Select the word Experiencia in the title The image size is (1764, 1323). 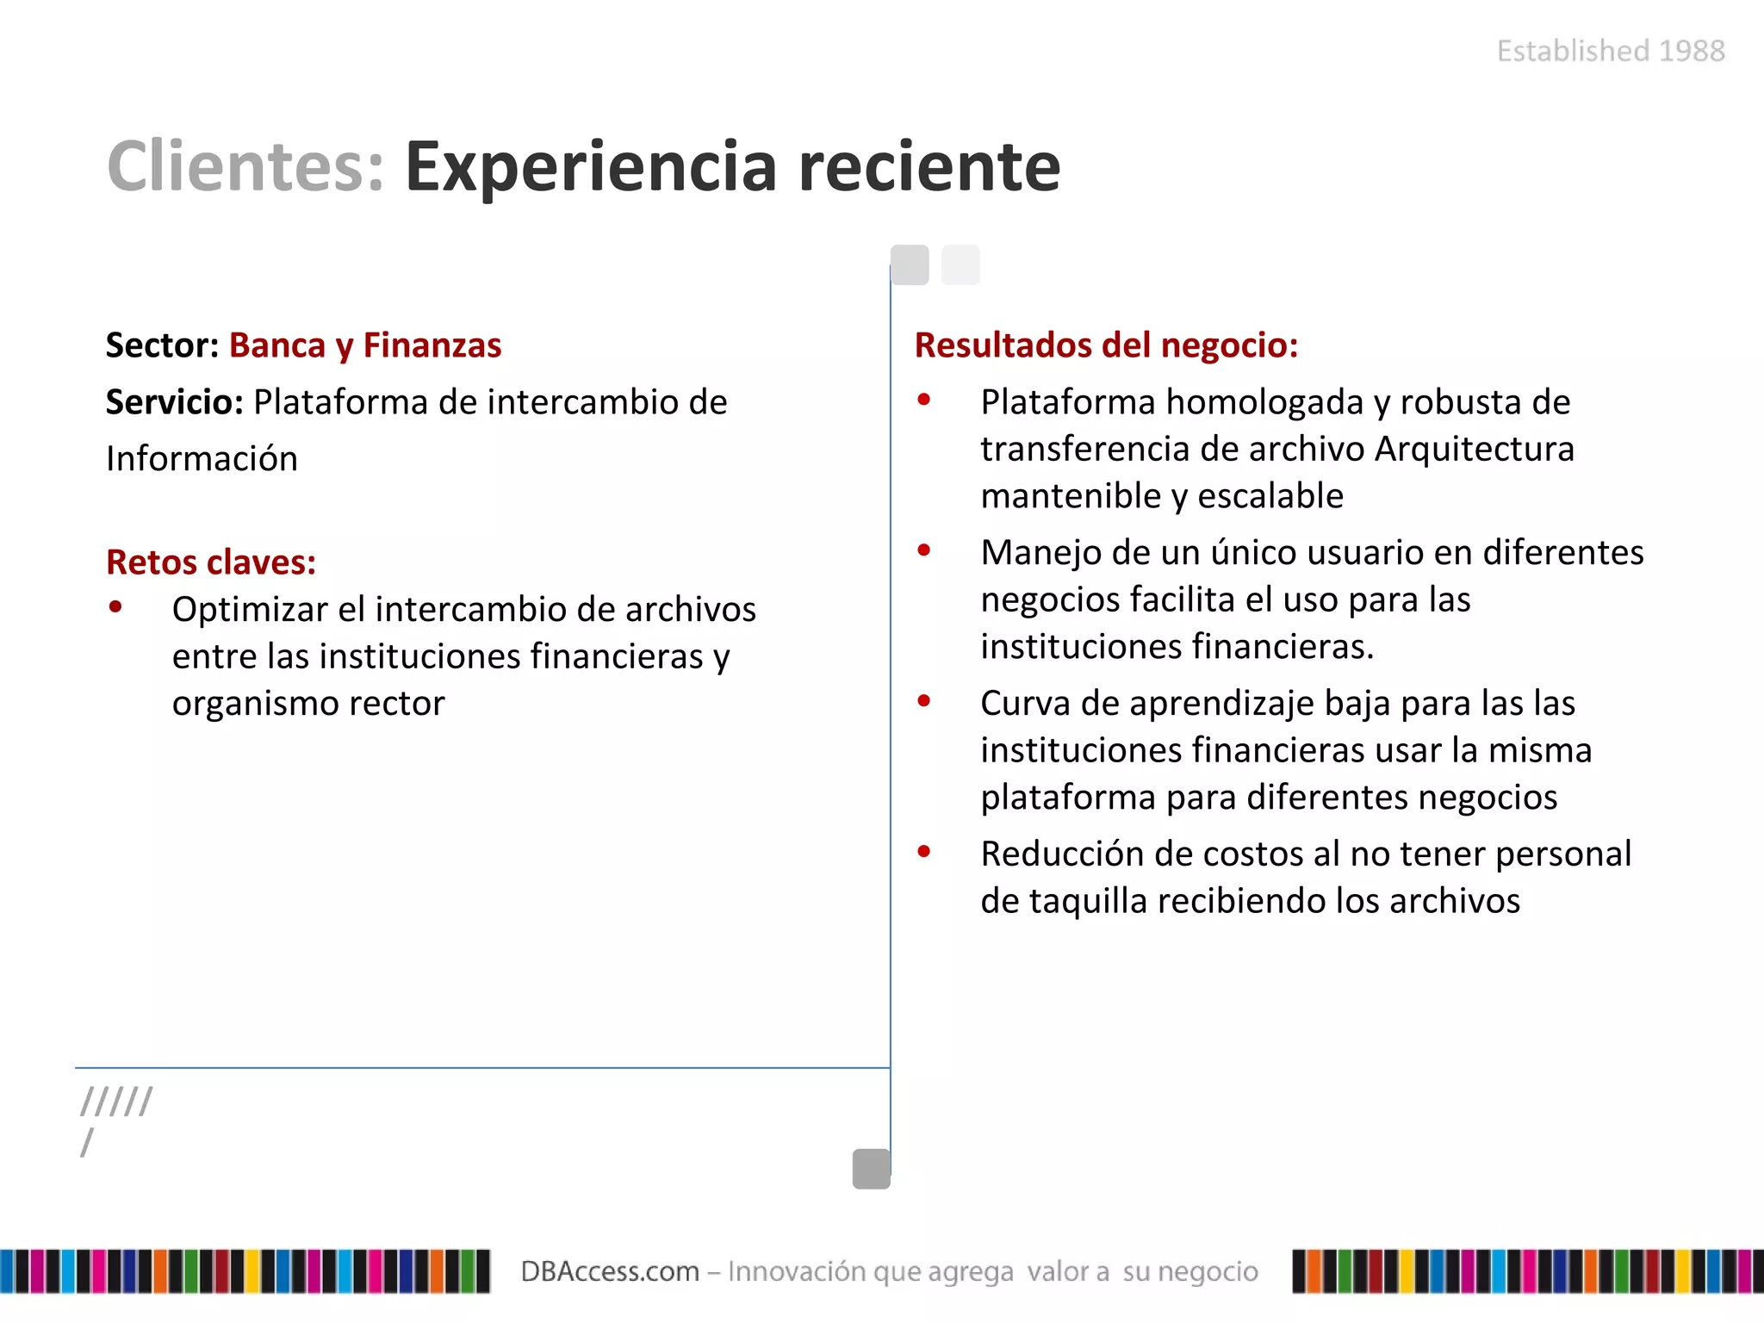[x=591, y=167]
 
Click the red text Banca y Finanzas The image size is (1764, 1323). [x=365, y=345]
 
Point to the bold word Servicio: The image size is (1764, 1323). [x=175, y=402]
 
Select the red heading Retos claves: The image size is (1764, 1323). [x=211, y=562]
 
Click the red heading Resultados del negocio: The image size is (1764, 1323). [x=1106, y=345]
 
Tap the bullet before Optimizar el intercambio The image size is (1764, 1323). [x=115, y=607]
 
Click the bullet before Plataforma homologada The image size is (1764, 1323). [x=924, y=400]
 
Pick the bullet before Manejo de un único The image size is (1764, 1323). [x=924, y=550]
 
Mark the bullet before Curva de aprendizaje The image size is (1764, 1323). [x=924, y=701]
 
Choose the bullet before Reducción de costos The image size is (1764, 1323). [x=924, y=852]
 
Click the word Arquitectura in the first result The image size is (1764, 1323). [x=1475, y=450]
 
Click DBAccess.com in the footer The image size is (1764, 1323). [x=610, y=1271]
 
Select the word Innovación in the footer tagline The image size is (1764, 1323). [x=797, y=1271]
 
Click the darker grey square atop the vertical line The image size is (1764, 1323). [x=910, y=264]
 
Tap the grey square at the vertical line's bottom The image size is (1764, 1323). [x=871, y=1169]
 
